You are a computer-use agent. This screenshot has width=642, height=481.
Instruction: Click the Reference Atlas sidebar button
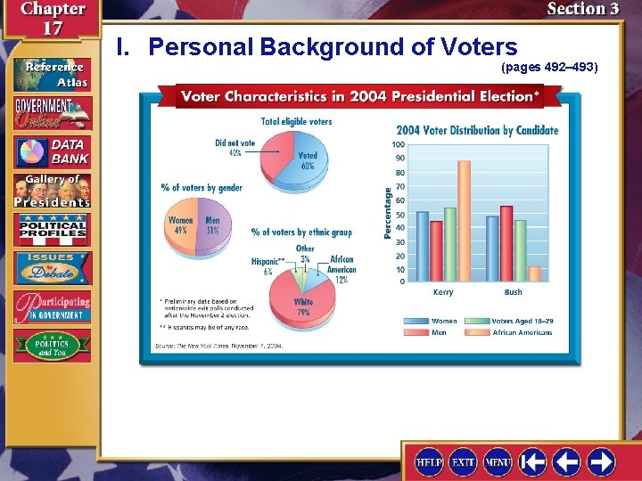(52, 74)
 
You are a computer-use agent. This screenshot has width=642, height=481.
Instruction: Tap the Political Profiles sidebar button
(52, 230)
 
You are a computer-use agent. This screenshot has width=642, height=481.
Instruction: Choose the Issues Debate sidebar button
(52, 268)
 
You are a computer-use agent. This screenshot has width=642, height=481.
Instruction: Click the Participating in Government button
(52, 306)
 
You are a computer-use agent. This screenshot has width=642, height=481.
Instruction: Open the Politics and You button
(52, 346)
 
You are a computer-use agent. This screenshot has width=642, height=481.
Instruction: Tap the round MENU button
(498, 462)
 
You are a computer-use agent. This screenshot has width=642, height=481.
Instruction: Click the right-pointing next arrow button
(601, 462)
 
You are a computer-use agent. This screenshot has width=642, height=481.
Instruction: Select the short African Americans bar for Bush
(534, 273)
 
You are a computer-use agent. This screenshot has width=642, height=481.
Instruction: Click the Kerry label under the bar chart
(443, 292)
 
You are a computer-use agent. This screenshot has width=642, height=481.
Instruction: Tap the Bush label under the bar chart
(514, 292)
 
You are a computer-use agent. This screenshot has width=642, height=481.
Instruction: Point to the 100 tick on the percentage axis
(398, 145)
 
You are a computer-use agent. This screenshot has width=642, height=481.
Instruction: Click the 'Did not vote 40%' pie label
(235, 146)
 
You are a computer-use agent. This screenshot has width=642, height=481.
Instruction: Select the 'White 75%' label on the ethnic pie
(303, 307)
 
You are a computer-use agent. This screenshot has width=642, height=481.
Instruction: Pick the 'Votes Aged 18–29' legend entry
(522, 321)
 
